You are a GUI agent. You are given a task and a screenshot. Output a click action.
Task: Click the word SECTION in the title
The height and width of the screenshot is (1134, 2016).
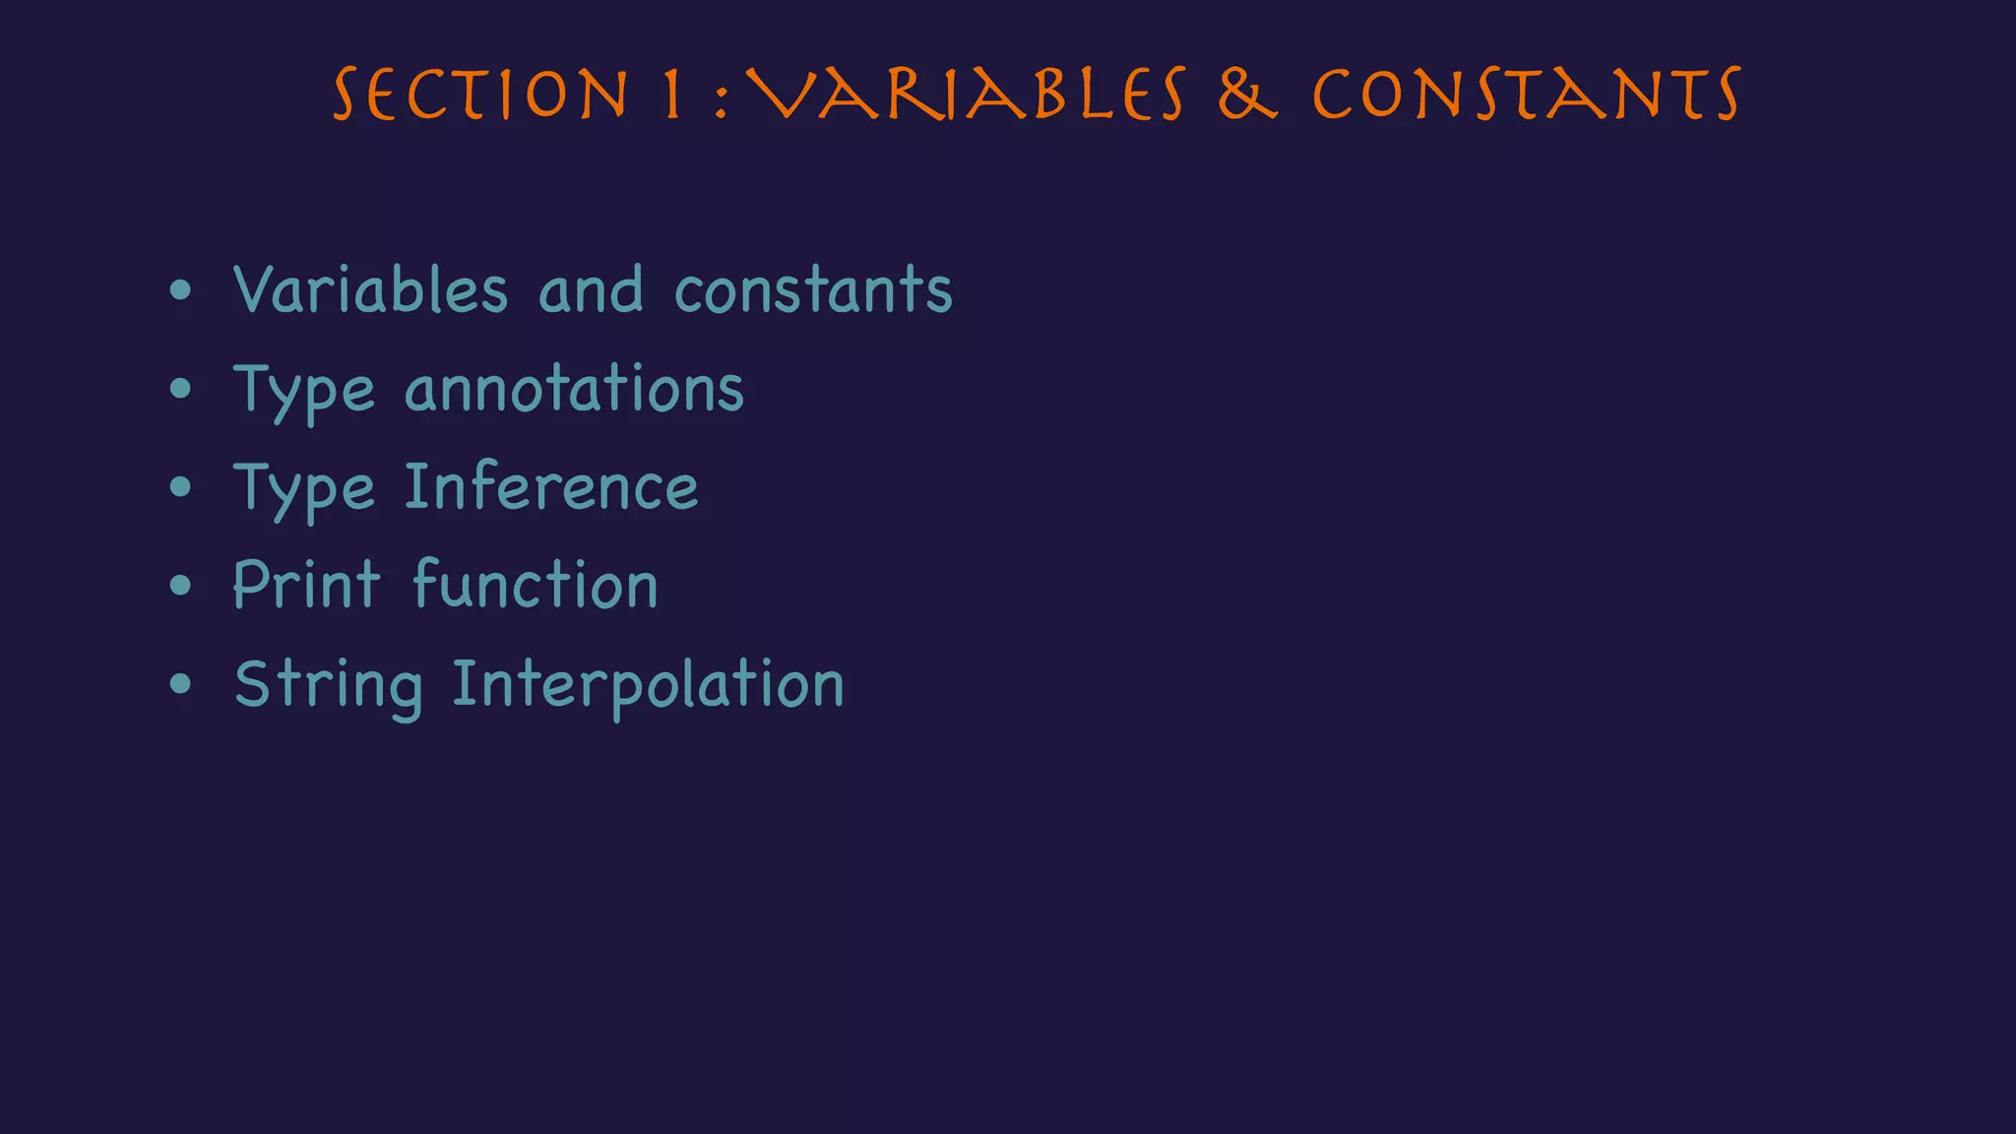point(480,95)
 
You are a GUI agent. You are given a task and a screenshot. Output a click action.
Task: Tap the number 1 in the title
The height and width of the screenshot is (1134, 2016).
point(673,95)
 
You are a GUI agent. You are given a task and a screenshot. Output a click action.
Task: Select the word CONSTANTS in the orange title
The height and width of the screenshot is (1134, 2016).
point(1527,95)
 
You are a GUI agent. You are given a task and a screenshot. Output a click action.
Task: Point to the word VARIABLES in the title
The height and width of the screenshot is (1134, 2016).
point(965,95)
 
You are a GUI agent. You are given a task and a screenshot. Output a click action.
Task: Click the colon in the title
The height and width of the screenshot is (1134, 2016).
point(722,99)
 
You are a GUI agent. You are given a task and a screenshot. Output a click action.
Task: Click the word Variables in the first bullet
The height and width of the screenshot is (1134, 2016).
point(370,290)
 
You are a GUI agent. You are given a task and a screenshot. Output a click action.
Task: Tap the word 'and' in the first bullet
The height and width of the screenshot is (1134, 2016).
point(591,290)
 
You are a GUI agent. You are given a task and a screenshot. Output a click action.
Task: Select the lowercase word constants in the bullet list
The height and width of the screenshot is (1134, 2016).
point(813,292)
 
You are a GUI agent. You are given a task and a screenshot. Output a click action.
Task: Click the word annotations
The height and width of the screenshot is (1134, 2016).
point(574,389)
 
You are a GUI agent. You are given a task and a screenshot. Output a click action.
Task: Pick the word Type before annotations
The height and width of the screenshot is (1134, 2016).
point(304,392)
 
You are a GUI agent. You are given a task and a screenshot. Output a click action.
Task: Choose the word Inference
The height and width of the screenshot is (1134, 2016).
point(551,487)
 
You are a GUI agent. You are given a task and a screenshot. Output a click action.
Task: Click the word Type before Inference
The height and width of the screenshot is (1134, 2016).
point(304,490)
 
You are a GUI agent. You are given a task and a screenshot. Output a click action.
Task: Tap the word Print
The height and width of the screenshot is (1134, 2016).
point(306,585)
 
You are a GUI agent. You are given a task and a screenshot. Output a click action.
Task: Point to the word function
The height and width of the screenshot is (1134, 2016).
point(535,585)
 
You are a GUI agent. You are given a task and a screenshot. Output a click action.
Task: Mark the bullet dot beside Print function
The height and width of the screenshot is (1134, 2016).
point(180,586)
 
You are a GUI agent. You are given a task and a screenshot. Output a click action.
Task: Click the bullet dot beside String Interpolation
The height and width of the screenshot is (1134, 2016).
point(180,684)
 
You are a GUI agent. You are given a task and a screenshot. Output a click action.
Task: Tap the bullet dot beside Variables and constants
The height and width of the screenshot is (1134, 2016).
point(180,290)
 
